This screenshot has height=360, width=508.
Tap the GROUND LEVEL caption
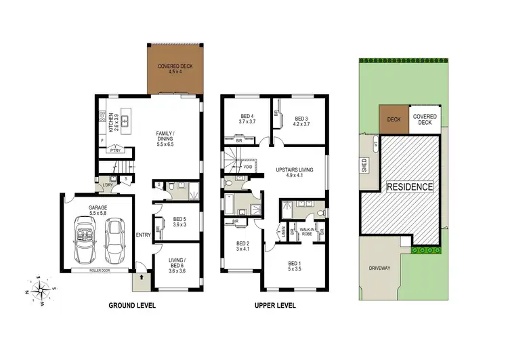pyautogui.click(x=132, y=306)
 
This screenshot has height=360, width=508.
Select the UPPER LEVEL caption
pyautogui.click(x=275, y=306)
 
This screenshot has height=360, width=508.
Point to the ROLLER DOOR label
pyautogui.click(x=100, y=270)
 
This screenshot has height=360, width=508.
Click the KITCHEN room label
pyautogui.click(x=112, y=123)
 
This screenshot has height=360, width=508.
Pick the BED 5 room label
pyautogui.click(x=179, y=222)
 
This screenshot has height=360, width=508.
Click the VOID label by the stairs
pyautogui.click(x=248, y=165)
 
